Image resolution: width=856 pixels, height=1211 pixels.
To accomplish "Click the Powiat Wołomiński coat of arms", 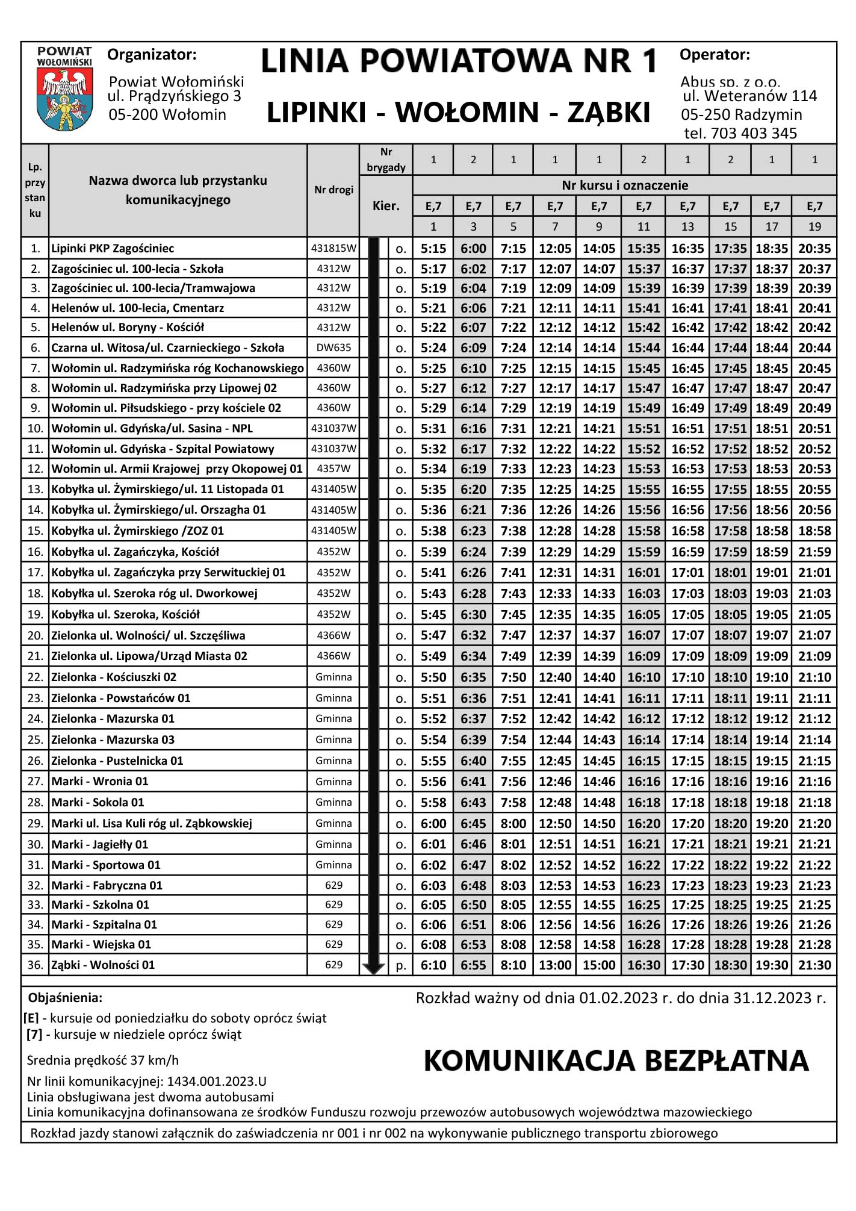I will [x=64, y=99].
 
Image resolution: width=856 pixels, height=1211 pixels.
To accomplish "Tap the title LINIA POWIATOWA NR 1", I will [x=459, y=61].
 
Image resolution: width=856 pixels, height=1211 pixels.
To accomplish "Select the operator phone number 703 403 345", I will [x=754, y=134].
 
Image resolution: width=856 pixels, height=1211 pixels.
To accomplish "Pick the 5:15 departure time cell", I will [x=433, y=248].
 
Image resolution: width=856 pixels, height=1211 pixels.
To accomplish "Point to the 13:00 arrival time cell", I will [x=554, y=965].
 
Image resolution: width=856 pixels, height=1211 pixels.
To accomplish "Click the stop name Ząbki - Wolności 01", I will [x=103, y=965].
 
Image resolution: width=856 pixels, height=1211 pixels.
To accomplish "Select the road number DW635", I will [x=333, y=347].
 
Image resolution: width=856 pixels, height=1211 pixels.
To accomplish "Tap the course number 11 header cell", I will [x=644, y=226].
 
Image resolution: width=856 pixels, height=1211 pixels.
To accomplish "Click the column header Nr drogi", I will [x=333, y=190].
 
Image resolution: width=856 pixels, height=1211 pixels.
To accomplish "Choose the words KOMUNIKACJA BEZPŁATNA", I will [x=616, y=1060].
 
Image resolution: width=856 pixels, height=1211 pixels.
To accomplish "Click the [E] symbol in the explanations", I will [x=31, y=1018].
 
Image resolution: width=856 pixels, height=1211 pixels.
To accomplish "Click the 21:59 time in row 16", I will [x=814, y=552].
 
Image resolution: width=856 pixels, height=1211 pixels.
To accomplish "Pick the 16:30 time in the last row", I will [x=644, y=965].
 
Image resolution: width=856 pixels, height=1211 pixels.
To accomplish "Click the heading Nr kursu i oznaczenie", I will [x=625, y=185].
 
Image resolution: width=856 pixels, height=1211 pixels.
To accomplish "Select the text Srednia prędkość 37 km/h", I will [x=103, y=1060].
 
